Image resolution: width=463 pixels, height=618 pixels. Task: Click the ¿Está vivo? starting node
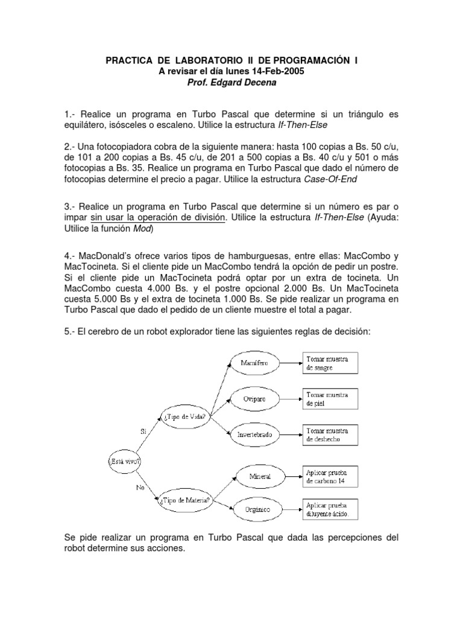coord(126,461)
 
